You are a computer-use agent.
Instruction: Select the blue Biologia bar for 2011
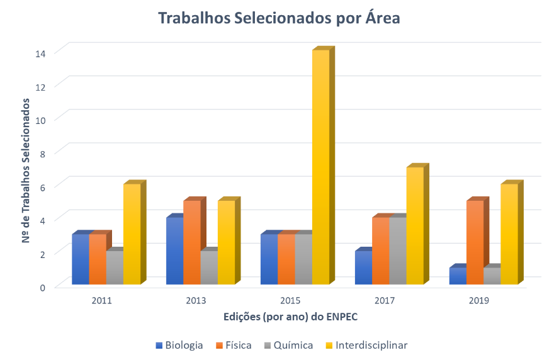81,259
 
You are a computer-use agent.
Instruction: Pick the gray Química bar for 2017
398,251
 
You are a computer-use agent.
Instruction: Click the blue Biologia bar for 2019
458,276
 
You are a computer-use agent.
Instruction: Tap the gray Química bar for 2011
115,268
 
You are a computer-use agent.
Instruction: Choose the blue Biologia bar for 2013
174,251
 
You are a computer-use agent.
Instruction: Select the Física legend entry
234,345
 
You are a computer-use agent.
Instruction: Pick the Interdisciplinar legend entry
366,345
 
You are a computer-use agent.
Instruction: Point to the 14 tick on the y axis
40,53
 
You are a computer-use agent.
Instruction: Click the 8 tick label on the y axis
42,153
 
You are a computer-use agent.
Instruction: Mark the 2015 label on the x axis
290,301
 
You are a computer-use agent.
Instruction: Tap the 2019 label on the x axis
479,301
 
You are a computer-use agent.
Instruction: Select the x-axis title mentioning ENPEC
290,317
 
